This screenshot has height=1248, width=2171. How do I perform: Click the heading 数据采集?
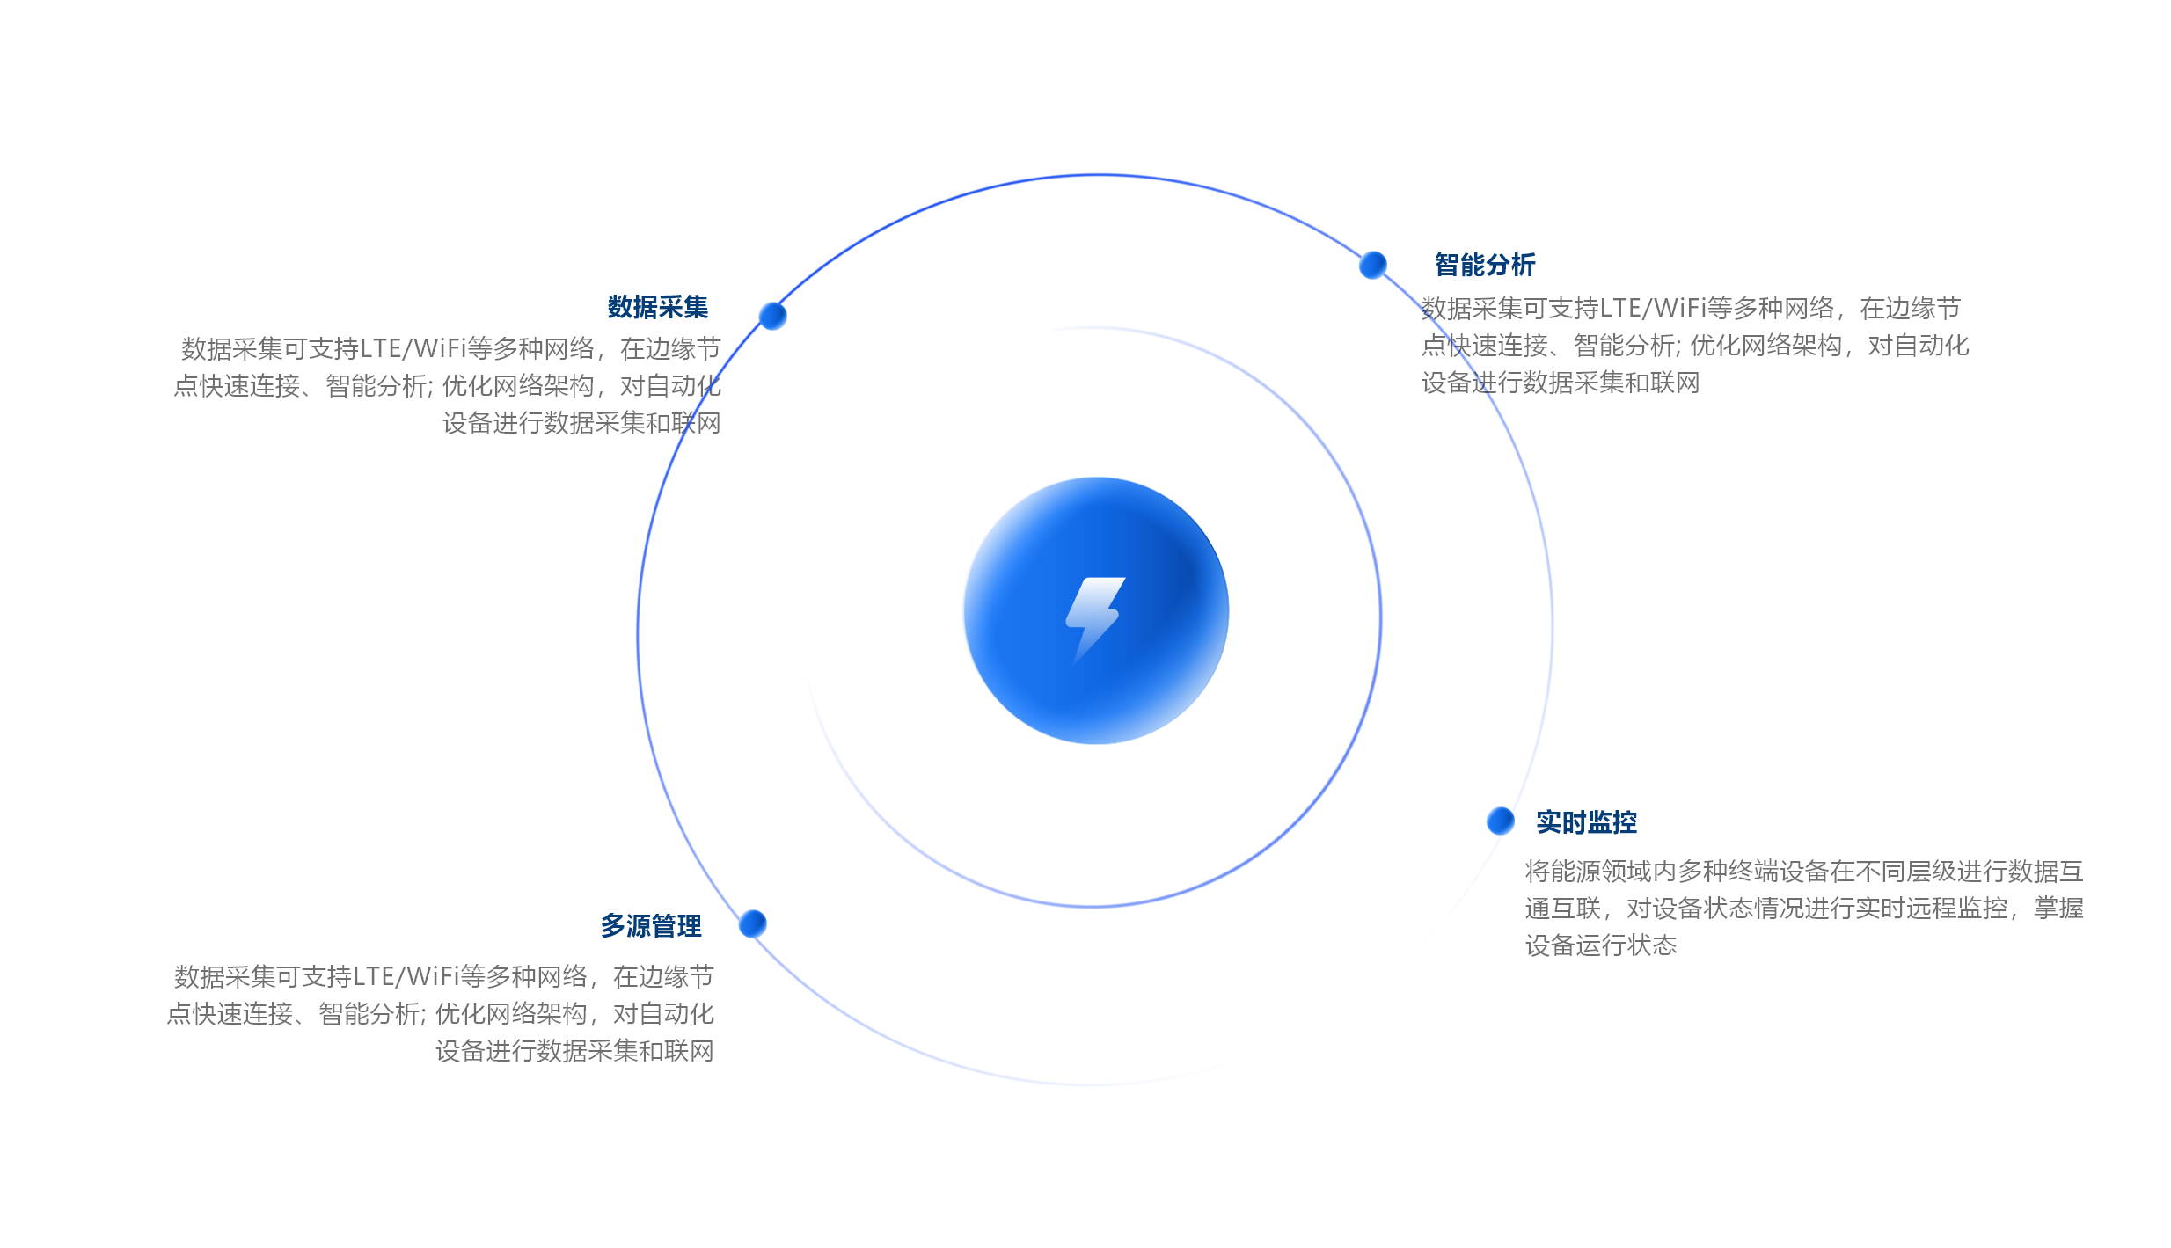point(657,307)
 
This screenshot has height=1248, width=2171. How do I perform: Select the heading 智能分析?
point(1485,265)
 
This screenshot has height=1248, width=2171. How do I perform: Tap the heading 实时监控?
point(1586,822)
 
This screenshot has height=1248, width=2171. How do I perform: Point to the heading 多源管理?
point(651,926)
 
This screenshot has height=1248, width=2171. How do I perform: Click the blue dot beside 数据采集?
point(772,315)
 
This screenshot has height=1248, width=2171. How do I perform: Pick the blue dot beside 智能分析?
point(1372,265)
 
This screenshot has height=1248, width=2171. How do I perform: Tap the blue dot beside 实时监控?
point(1500,821)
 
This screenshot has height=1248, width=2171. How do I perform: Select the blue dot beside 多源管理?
point(752,923)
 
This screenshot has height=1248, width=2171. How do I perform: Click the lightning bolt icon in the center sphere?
point(1094,616)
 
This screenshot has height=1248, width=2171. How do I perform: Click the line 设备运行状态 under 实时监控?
point(1601,945)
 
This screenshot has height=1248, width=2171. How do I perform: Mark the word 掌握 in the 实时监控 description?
point(2058,909)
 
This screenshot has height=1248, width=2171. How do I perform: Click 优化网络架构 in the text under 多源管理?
point(510,1014)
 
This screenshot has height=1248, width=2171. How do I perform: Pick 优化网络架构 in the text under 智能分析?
point(1765,346)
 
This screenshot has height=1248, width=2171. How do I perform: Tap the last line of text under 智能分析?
point(1561,383)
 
